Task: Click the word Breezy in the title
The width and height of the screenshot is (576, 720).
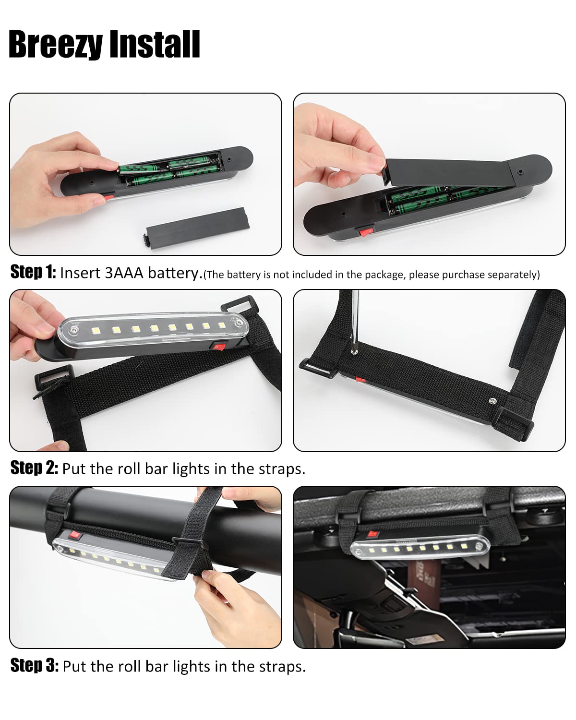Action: pyautogui.click(x=56, y=45)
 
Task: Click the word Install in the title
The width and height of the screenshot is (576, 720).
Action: pyautogui.click(x=155, y=44)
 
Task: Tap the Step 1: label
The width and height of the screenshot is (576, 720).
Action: pyautogui.click(x=33, y=272)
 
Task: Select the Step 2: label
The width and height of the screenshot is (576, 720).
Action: pyautogui.click(x=34, y=468)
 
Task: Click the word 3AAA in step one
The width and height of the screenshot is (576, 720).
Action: pyautogui.click(x=124, y=273)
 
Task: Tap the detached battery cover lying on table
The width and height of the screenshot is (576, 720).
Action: pyautogui.click(x=197, y=228)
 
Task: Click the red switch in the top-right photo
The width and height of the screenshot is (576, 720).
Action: pyautogui.click(x=366, y=231)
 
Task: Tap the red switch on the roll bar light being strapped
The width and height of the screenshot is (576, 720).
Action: pyautogui.click(x=75, y=535)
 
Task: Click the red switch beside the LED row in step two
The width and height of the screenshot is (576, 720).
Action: pyautogui.click(x=219, y=346)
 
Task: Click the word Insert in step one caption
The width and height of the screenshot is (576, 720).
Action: pyautogui.click(x=80, y=273)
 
